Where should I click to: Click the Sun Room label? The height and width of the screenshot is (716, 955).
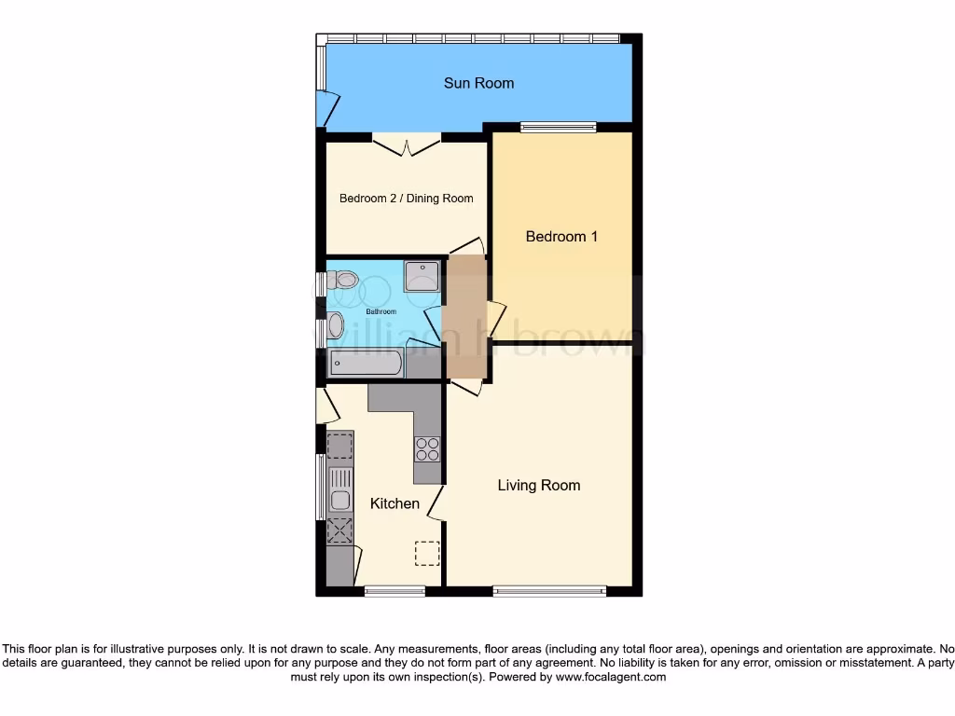point(478,83)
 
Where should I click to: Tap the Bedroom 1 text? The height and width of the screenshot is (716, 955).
point(561,237)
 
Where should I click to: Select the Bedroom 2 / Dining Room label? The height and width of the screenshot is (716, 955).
point(406,199)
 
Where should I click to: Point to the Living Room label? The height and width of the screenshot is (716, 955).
point(538,485)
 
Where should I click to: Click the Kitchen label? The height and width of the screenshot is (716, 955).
point(394,503)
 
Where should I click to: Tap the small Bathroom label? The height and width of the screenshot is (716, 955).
point(381,311)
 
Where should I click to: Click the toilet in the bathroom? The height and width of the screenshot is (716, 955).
point(342,278)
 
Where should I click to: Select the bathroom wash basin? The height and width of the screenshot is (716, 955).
point(336,324)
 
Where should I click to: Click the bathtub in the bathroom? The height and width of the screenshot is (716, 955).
point(367,364)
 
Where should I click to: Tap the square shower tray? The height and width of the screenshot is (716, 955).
point(422,276)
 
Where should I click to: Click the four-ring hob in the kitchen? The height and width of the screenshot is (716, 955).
point(427,449)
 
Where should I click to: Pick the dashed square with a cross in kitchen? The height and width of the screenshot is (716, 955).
point(339,530)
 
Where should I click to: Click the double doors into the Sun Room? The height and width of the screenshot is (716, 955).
point(407,146)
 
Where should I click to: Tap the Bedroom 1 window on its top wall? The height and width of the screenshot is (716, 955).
point(558,128)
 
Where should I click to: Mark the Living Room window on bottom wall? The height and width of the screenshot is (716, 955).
point(549,590)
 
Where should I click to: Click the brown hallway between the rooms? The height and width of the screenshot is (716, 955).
point(465,317)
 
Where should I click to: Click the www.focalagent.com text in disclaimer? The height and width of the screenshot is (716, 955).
point(610,678)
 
